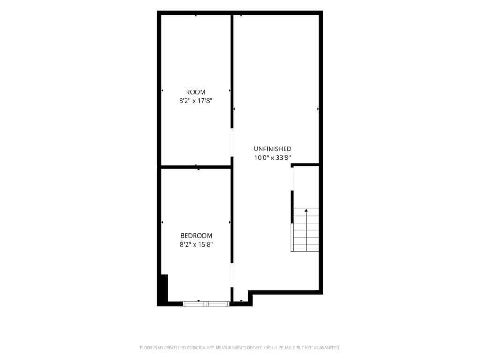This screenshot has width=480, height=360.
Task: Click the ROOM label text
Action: click(x=195, y=92)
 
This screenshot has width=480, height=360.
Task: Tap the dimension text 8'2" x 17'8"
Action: click(x=195, y=101)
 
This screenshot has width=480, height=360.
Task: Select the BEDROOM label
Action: click(x=196, y=236)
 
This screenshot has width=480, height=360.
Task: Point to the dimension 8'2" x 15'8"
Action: click(x=196, y=244)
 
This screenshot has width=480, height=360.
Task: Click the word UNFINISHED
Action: click(x=272, y=149)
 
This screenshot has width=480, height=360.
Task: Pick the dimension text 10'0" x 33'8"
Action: click(x=272, y=158)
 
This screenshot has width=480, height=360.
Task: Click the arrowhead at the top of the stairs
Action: click(x=306, y=210)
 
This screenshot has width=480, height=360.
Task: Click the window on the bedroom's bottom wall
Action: click(x=206, y=304)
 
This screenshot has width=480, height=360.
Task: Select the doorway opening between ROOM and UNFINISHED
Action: click(x=232, y=142)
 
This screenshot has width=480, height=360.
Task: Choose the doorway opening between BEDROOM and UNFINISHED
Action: click(x=232, y=275)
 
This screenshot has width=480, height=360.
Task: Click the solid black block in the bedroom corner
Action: click(x=164, y=289)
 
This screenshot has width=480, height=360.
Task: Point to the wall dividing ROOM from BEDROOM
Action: click(x=196, y=167)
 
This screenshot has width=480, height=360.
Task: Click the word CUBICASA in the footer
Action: click(x=196, y=348)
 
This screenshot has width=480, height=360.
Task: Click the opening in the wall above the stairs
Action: click(x=292, y=179)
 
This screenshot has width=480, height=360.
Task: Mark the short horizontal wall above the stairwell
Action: click(x=305, y=165)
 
